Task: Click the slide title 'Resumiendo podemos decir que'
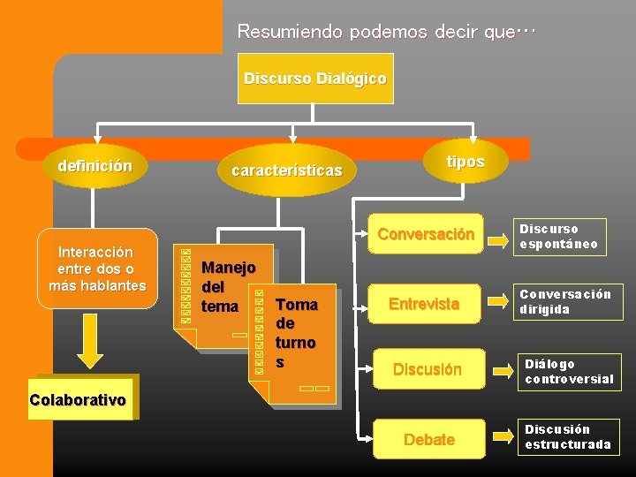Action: pos(386,32)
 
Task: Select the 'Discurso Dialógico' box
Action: pos(314,79)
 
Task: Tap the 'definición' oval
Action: pos(95,165)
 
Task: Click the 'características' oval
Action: pos(286,170)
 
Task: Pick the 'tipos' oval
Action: pos(465,162)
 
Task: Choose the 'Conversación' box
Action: pos(427,235)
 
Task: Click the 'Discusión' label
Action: pos(428,369)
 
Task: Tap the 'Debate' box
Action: pos(428,439)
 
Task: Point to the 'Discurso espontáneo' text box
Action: pos(562,237)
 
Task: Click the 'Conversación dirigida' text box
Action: pos(565,302)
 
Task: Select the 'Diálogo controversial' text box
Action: pos(567,371)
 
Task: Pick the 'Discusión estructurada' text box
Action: pos(568,436)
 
